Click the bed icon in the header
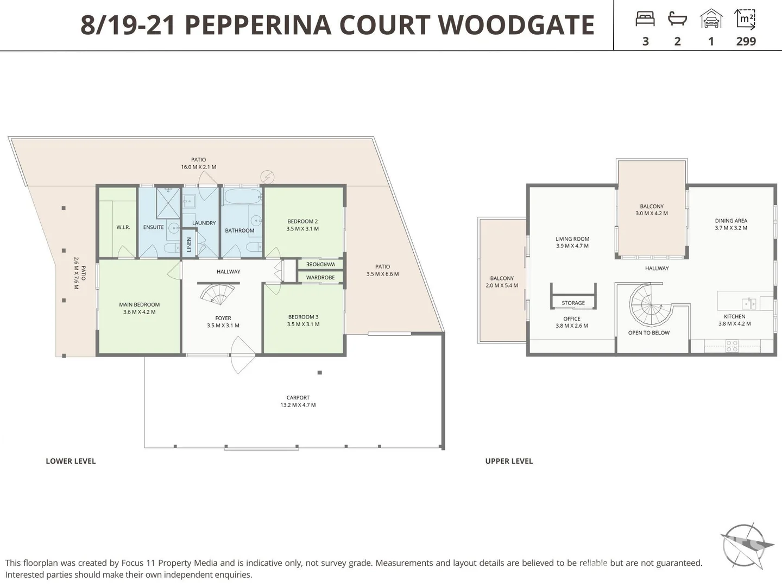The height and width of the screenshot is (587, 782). (x=645, y=19)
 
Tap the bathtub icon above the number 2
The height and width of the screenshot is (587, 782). (x=677, y=19)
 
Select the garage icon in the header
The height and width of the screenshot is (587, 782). (x=711, y=19)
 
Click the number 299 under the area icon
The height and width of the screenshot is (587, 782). (x=746, y=41)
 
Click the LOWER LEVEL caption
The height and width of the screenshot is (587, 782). (x=71, y=461)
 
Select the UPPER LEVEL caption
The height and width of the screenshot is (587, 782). (x=509, y=461)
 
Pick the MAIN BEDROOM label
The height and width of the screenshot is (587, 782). (x=140, y=305)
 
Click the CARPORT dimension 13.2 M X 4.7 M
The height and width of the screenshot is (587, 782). (x=298, y=405)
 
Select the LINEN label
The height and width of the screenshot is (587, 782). (x=189, y=244)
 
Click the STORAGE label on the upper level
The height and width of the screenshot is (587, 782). (x=573, y=303)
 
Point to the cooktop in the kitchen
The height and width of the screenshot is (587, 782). (x=731, y=345)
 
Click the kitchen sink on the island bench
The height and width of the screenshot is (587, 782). (x=749, y=303)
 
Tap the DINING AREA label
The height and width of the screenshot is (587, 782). (x=731, y=221)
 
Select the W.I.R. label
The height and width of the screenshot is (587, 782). (x=123, y=227)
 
